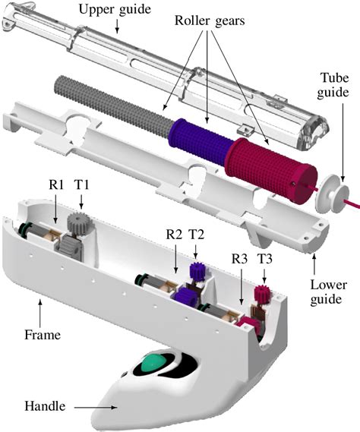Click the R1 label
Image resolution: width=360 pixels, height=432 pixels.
[58, 184]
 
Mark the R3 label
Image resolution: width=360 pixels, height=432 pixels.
[241, 258]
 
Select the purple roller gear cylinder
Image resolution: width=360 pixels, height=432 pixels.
[199, 137]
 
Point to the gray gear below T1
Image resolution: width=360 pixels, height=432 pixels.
[78, 225]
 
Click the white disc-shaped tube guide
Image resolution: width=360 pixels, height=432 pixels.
[332, 194]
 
